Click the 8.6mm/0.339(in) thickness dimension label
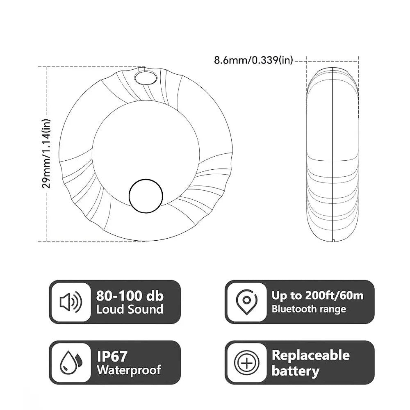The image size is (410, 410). point(253,61)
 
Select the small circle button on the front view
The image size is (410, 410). point(145,196)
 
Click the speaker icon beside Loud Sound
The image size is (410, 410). point(71,303)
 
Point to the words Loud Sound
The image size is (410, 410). point(130,310)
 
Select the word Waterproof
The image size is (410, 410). point(129,370)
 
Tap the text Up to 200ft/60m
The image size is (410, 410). point(317,296)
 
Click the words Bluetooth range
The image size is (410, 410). point(309,309)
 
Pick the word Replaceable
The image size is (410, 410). point(310,355)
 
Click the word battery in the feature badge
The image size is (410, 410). point(295,371)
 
